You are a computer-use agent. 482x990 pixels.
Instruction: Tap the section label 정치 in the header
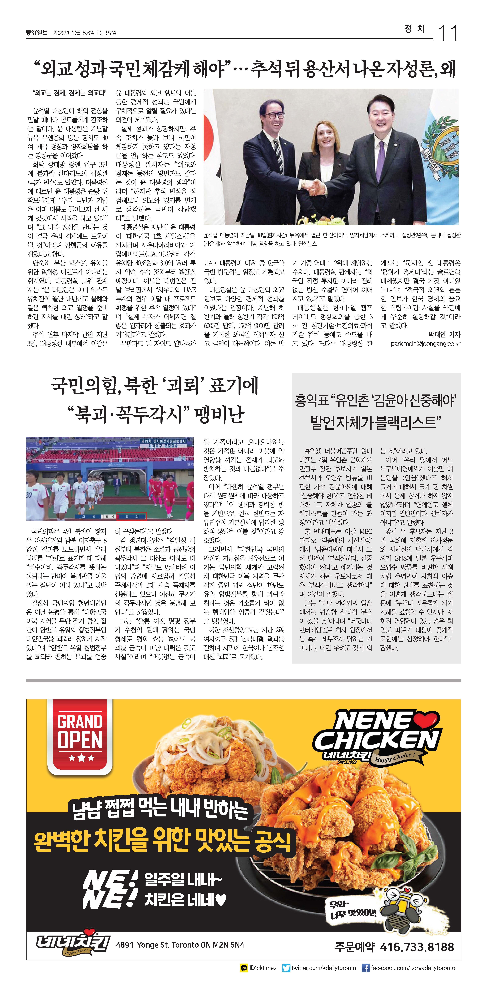(415, 29)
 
